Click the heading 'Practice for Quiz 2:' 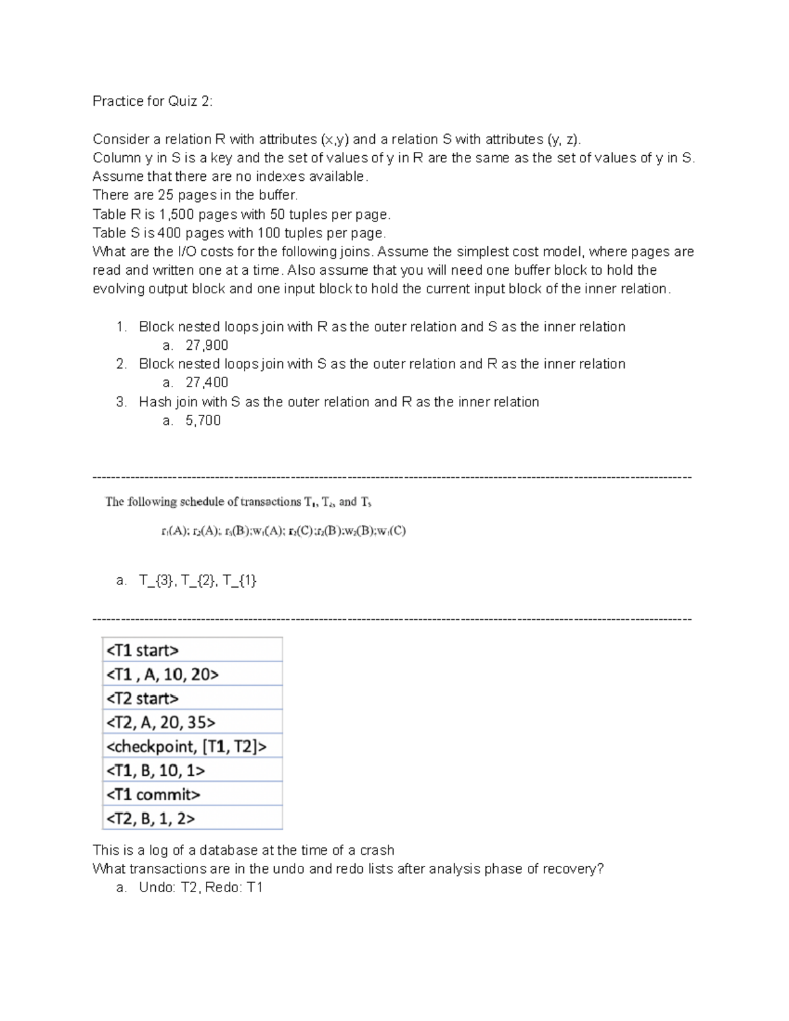click(153, 101)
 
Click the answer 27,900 click(206, 345)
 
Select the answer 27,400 click(206, 383)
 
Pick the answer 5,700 click(203, 421)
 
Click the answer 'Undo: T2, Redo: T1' click(201, 888)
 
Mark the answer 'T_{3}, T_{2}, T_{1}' click(197, 581)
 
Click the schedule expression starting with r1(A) click(283, 531)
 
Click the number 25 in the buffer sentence click(165, 195)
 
